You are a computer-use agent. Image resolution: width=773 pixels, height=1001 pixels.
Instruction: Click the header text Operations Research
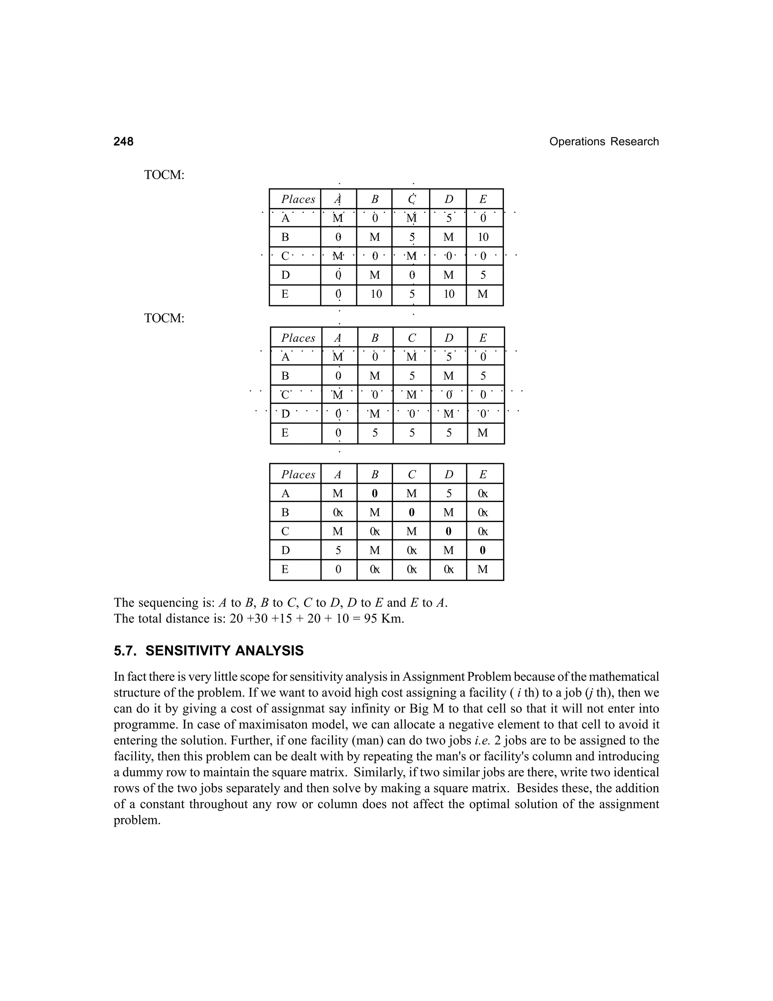pos(604,142)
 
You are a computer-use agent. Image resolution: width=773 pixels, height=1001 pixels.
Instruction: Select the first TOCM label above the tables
pos(164,175)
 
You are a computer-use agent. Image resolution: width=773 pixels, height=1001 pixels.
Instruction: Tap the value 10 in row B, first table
pos(483,237)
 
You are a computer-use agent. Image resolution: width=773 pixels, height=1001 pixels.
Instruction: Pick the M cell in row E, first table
pos(483,294)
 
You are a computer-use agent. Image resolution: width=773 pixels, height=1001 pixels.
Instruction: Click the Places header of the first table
pos(298,199)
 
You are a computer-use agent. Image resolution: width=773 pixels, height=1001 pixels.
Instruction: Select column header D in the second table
pos(449,338)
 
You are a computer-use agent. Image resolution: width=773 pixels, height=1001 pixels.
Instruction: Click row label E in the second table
pos(285,433)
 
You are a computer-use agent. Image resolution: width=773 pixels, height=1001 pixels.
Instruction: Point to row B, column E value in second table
pos(483,376)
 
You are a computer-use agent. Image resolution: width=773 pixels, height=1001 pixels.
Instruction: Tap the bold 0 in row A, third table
pos(374,494)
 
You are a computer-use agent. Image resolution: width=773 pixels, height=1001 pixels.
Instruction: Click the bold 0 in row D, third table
pos(483,550)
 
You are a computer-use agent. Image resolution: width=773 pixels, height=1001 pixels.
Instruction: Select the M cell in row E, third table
pos(483,570)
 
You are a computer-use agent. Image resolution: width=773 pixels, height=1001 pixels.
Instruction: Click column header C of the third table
pos(412,475)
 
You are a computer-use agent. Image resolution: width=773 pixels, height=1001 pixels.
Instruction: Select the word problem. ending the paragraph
pos(137,820)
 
